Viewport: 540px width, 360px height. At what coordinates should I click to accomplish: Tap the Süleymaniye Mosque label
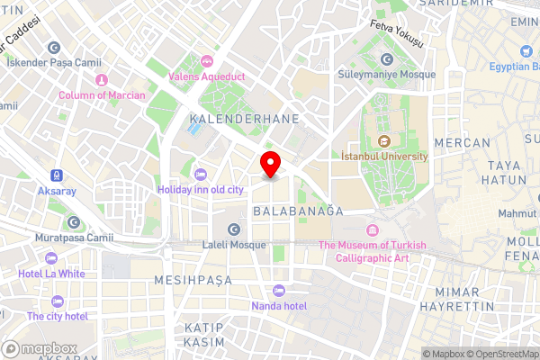point(386,75)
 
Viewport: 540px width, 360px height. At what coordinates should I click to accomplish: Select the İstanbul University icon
point(385,140)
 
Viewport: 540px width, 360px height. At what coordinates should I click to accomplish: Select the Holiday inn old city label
point(200,190)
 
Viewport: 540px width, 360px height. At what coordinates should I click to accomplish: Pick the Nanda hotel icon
point(278,291)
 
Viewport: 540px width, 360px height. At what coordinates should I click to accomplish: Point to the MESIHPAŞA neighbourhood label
point(193,281)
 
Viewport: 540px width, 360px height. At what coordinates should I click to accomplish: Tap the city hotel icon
point(58,301)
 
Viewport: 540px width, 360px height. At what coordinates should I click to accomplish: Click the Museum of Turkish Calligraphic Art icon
point(372,230)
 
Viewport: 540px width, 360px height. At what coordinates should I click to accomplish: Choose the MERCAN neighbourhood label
point(462,143)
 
